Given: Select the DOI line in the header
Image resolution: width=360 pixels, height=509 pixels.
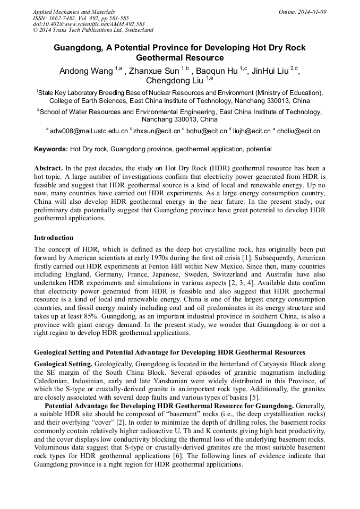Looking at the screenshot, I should [89, 24].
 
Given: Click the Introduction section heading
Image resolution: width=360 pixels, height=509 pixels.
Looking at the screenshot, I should [54, 237].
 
